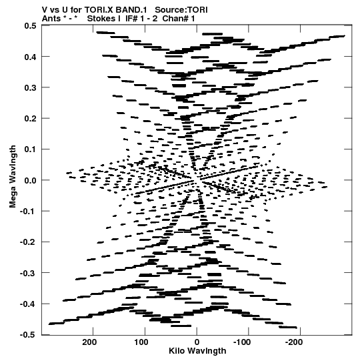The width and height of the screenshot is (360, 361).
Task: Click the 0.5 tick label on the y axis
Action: pos(30,26)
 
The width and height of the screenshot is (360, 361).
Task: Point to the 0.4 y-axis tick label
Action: pos(30,57)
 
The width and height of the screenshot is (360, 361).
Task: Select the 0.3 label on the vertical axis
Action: pos(30,87)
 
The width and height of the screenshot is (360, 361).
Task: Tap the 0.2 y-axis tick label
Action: pos(30,119)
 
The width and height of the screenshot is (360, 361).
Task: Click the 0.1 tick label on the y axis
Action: pos(30,149)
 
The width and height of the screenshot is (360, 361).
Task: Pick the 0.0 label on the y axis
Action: pos(30,180)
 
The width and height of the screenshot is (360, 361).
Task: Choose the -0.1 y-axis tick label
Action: pos(28,212)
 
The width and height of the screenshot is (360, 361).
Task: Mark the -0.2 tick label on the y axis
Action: pos(28,242)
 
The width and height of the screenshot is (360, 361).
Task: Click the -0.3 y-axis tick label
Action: pos(28,274)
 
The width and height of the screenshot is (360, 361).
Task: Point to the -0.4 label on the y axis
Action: pos(28,304)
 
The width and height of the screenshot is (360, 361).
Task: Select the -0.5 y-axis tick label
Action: pos(28,335)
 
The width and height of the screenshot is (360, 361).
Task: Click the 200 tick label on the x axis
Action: pos(89,342)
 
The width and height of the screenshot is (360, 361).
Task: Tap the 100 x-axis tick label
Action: pos(141,342)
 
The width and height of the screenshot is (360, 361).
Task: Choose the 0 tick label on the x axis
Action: pos(197,342)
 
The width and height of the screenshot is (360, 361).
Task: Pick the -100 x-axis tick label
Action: pos(242,342)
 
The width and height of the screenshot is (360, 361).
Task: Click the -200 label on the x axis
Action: pos(294,342)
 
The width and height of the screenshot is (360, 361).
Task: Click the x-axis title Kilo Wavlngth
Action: pos(197,351)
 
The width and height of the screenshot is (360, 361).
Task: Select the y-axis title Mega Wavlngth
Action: pos(13,177)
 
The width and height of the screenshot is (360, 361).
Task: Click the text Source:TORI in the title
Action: pos(181,10)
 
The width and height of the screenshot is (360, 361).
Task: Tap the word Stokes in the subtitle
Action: pos(103,19)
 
